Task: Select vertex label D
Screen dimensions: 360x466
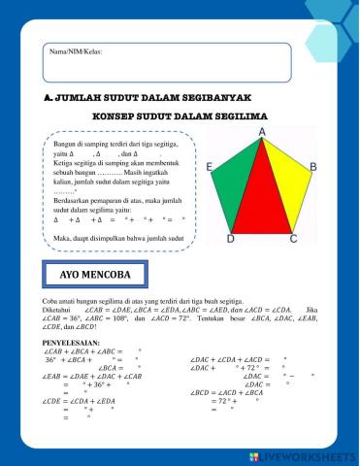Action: (230, 239)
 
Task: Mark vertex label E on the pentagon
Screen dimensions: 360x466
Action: (210, 168)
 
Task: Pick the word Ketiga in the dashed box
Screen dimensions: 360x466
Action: (65, 162)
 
